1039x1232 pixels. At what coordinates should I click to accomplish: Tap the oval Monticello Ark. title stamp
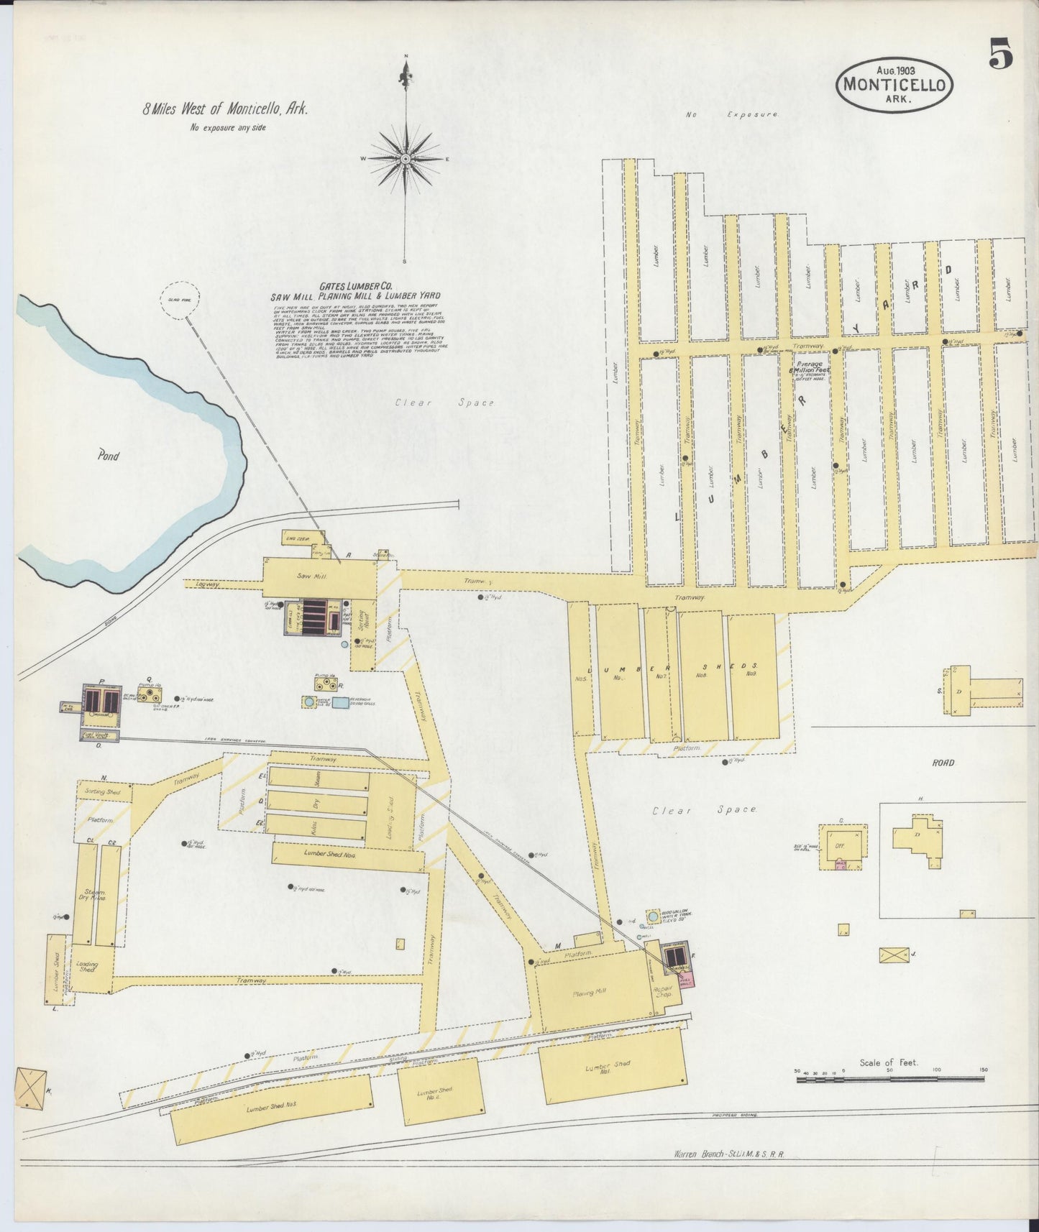894,83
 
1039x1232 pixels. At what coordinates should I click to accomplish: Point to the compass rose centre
406,158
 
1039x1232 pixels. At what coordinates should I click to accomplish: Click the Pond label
109,456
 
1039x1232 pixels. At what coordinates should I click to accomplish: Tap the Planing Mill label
590,993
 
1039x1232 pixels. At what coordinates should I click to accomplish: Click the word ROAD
943,763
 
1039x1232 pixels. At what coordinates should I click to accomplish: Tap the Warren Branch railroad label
729,1174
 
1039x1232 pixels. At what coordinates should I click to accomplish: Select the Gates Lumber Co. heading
354,285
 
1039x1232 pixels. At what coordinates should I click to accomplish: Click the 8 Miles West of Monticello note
225,110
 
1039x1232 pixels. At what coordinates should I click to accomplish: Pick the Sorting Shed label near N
104,791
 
